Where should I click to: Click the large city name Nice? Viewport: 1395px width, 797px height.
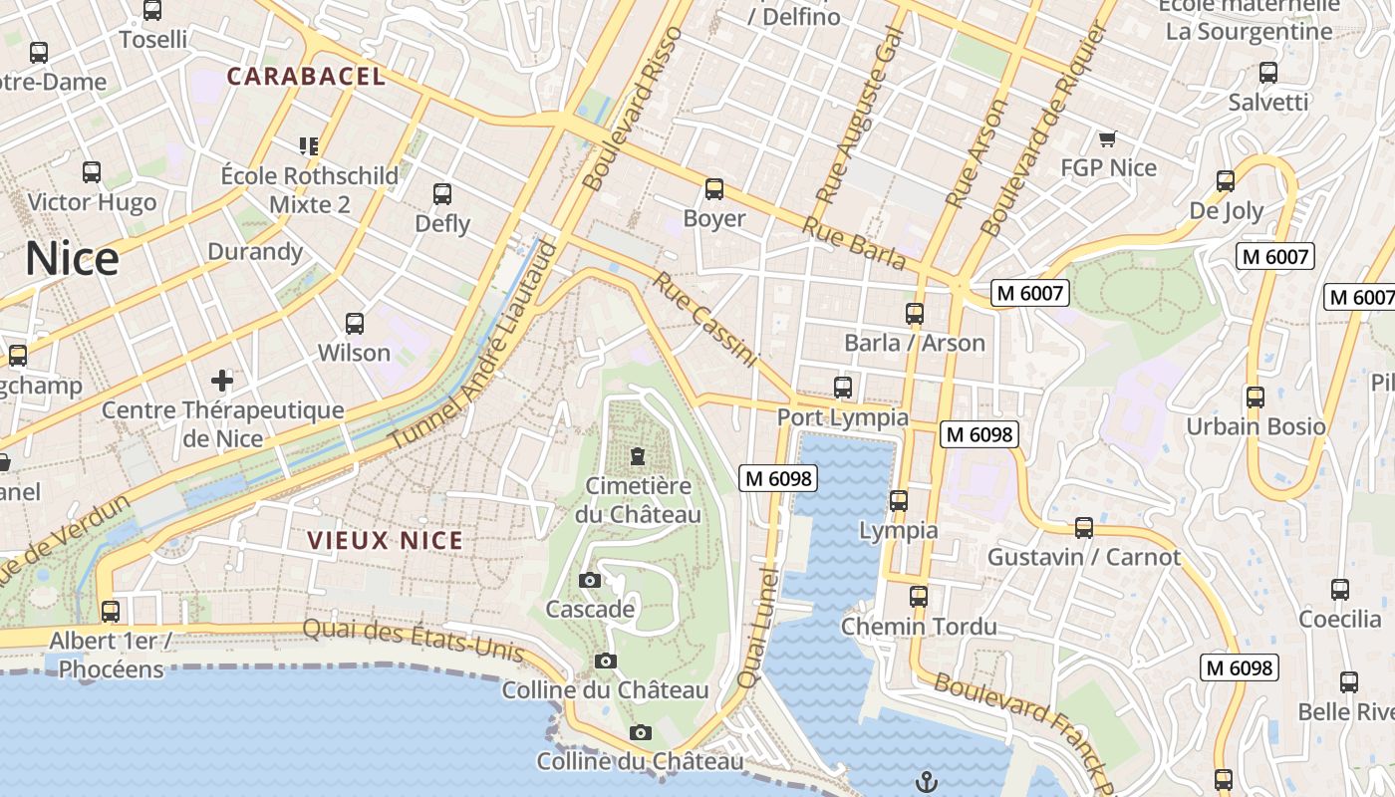[72, 259]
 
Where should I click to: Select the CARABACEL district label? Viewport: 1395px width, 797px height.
[306, 77]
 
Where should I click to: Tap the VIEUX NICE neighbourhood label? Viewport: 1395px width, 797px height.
[385, 541]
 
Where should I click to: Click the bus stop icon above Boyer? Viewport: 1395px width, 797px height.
[713, 188]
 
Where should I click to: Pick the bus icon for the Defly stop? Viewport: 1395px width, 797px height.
[442, 194]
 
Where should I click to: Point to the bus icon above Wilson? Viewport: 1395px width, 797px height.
[354, 323]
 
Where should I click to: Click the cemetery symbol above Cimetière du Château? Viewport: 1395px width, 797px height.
[637, 456]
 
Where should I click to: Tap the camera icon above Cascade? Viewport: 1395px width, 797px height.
[589, 580]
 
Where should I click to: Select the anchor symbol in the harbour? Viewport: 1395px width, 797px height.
[927, 781]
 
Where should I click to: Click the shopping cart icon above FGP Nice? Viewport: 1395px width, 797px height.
[1107, 138]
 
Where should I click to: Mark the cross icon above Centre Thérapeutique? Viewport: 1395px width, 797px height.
[222, 380]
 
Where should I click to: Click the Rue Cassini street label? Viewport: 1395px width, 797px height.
[705, 320]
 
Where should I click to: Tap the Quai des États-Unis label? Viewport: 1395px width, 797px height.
[413, 639]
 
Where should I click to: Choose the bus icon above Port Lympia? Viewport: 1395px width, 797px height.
[843, 387]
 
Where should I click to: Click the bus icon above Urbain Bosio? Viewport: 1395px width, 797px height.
[1255, 397]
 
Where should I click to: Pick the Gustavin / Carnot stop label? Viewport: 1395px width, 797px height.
[1083, 557]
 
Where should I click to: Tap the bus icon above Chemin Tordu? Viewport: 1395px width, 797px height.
[918, 597]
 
